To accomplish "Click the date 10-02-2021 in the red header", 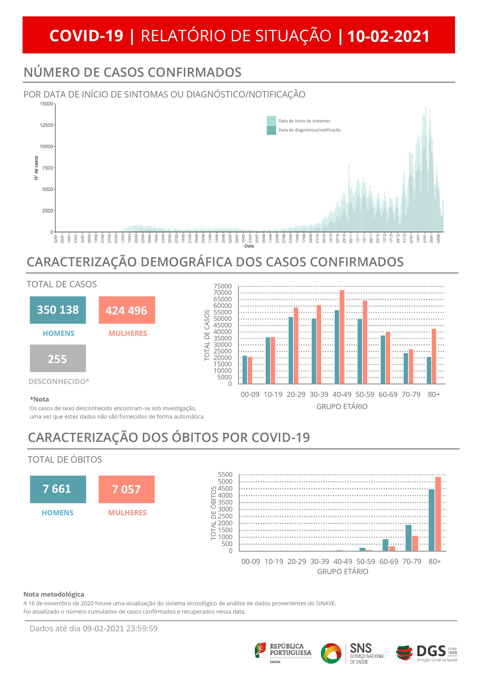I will (x=388, y=36).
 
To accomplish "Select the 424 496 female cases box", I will (x=127, y=310).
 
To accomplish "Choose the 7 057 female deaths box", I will (x=127, y=489).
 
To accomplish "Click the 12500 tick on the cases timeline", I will (x=46, y=125).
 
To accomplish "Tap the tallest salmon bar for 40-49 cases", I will (x=342, y=337).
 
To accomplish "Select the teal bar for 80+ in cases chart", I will (x=429, y=370).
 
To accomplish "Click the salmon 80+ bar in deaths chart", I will (x=438, y=514).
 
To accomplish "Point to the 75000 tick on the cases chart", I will (x=223, y=286).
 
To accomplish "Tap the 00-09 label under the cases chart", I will (x=250, y=394).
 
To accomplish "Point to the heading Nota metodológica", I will (x=54, y=594).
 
